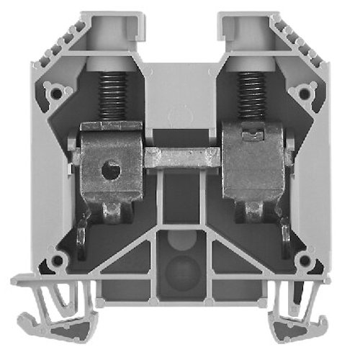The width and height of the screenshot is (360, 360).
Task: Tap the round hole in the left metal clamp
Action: (108, 171)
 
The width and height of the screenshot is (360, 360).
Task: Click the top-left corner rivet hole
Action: (53, 92)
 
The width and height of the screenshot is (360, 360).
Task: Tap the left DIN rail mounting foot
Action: (54, 302)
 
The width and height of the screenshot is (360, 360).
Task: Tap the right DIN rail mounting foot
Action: (306, 302)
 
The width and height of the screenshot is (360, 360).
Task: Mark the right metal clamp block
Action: (252, 162)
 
